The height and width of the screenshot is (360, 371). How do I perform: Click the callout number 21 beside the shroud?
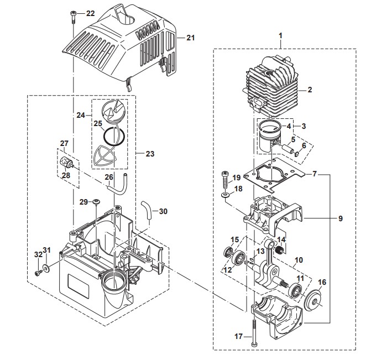tap(190, 38)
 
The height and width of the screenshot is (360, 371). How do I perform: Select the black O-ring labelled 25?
tap(114, 137)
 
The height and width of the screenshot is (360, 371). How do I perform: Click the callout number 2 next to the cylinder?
tap(310, 90)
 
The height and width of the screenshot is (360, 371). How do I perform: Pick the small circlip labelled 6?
tap(297, 154)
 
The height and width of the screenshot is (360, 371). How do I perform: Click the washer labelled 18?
tap(225, 195)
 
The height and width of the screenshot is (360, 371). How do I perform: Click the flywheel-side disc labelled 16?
tap(313, 299)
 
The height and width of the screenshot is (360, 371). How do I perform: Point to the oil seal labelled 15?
tap(228, 252)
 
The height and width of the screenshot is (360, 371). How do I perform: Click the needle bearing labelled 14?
tap(279, 250)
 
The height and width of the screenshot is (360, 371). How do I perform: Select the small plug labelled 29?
tap(96, 201)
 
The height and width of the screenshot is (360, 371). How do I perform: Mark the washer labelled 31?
tap(46, 268)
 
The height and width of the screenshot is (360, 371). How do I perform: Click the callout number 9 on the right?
tap(340, 218)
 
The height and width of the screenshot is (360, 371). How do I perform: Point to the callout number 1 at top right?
tap(280, 36)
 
